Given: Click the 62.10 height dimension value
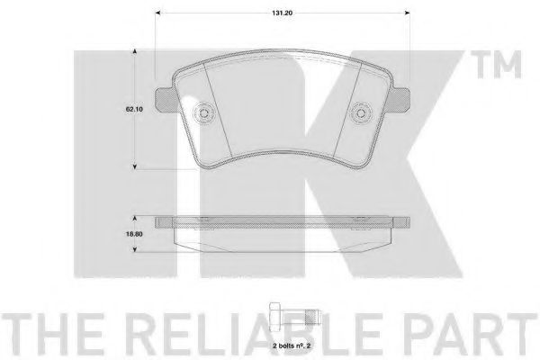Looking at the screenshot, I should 136,108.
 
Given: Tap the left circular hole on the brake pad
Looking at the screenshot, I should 204,112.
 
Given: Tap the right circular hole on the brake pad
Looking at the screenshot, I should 362,112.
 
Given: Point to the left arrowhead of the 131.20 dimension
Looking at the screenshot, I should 160,13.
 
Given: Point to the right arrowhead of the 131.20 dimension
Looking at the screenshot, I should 409,13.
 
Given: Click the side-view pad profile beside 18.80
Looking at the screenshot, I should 283,232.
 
